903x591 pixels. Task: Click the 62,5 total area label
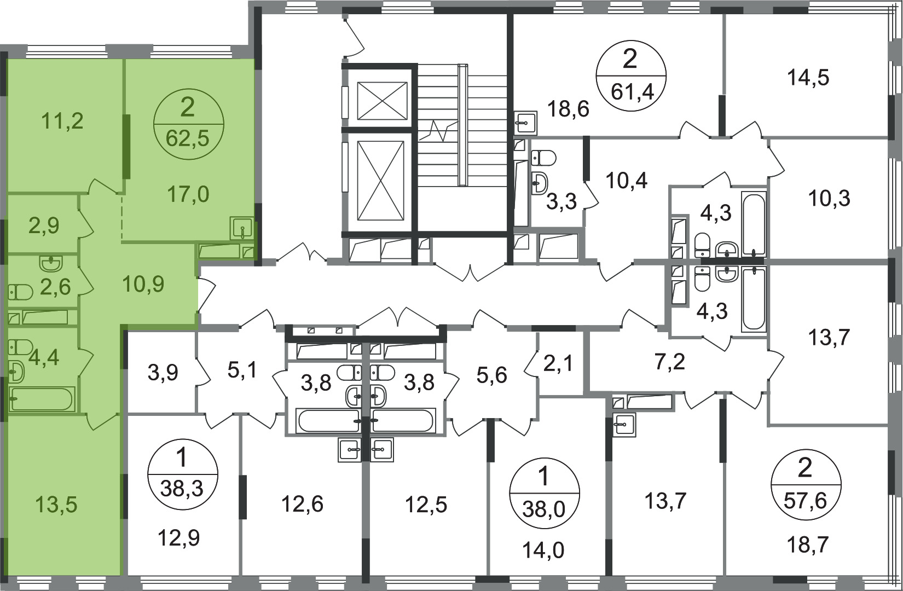click(x=188, y=138)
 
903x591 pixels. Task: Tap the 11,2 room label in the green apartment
click(x=62, y=121)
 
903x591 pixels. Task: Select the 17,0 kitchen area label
click(x=188, y=194)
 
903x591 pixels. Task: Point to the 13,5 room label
click(x=56, y=505)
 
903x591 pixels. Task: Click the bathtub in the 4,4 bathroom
click(x=42, y=399)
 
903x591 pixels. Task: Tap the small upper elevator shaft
click(x=382, y=101)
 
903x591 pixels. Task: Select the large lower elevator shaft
click(x=380, y=181)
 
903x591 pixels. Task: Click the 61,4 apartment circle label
click(x=631, y=76)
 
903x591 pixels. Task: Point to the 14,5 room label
click(x=808, y=77)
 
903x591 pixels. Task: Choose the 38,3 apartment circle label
click(x=183, y=474)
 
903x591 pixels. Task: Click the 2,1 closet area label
click(x=558, y=365)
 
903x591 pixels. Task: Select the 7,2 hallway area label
click(x=670, y=362)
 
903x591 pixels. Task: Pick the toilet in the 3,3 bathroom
click(x=544, y=157)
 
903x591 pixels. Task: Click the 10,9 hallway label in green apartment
click(x=143, y=284)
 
